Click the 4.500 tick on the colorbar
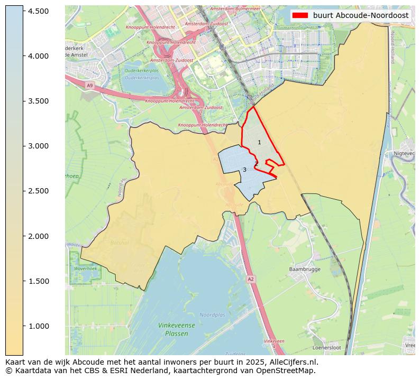click(23, 11)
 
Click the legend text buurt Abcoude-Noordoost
click(361, 15)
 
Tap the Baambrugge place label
click(305, 269)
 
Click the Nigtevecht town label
click(405, 153)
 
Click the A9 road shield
click(89, 85)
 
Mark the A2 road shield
click(251, 279)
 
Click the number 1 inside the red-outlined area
click(259, 143)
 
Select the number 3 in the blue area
click(244, 170)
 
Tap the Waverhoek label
click(85, 268)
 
